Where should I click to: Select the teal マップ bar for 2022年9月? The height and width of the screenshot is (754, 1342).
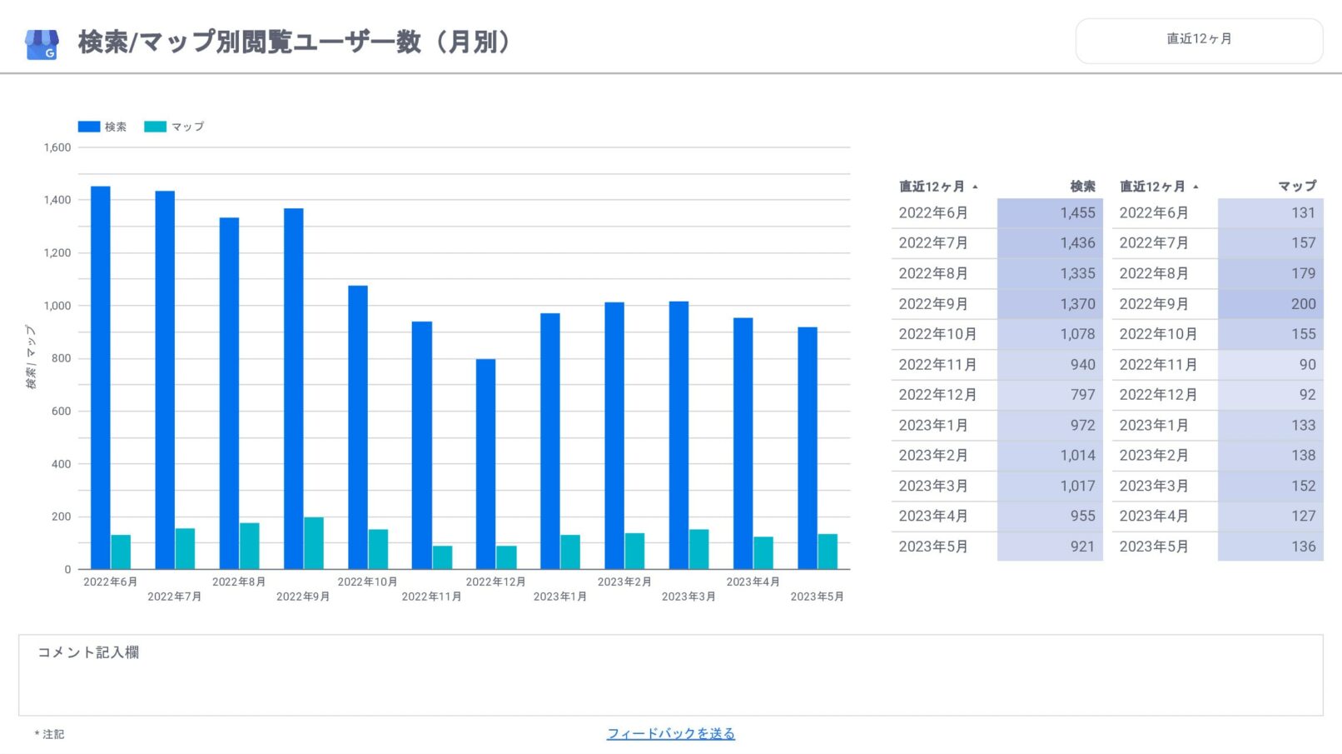(x=314, y=543)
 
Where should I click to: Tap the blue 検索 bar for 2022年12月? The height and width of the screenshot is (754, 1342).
(x=486, y=464)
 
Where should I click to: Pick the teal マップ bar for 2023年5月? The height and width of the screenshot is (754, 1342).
(x=828, y=552)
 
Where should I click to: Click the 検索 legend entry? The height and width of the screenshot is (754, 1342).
(x=102, y=127)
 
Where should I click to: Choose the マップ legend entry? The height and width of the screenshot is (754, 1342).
(x=174, y=127)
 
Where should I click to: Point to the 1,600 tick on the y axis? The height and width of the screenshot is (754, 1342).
(x=57, y=147)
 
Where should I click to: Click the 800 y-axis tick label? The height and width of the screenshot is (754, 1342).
(x=61, y=358)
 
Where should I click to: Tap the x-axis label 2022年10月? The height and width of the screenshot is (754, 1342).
(x=367, y=582)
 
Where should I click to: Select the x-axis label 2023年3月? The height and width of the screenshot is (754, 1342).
(x=688, y=597)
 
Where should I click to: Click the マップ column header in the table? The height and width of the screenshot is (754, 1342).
(x=1297, y=187)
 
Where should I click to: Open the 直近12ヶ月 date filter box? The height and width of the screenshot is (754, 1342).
(x=1199, y=39)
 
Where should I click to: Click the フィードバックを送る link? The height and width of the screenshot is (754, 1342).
(x=671, y=733)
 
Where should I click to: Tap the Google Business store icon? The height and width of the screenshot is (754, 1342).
(x=42, y=44)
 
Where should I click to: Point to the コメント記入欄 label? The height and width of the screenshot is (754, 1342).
(x=88, y=652)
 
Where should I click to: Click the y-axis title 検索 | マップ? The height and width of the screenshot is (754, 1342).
(x=31, y=357)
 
